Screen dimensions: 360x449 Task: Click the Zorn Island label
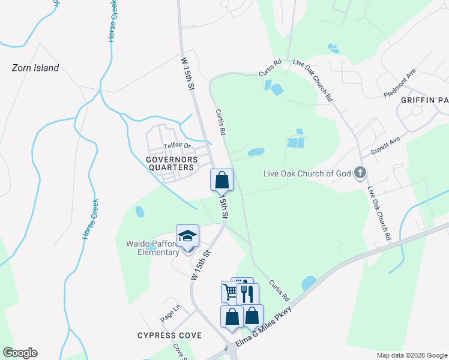pyautogui.click(x=35, y=68)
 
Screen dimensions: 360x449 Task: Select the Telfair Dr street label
pyautogui.click(x=177, y=146)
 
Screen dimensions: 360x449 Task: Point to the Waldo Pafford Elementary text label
pyautogui.click(x=152, y=248)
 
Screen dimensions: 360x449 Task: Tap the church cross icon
pyautogui.click(x=360, y=173)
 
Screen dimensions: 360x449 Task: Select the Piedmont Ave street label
pyautogui.click(x=400, y=87)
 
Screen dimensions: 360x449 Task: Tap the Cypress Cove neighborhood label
pyautogui.click(x=169, y=335)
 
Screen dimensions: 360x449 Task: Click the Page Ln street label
pyautogui.click(x=170, y=313)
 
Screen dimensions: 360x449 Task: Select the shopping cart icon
pyautogui.click(x=230, y=292)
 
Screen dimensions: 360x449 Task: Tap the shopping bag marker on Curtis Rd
pyautogui.click(x=221, y=179)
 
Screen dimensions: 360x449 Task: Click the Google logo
pyautogui.click(x=20, y=353)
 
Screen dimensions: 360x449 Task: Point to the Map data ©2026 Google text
pyautogui.click(x=411, y=355)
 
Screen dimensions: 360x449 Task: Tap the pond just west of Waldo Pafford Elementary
pyautogui.click(x=140, y=212)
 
